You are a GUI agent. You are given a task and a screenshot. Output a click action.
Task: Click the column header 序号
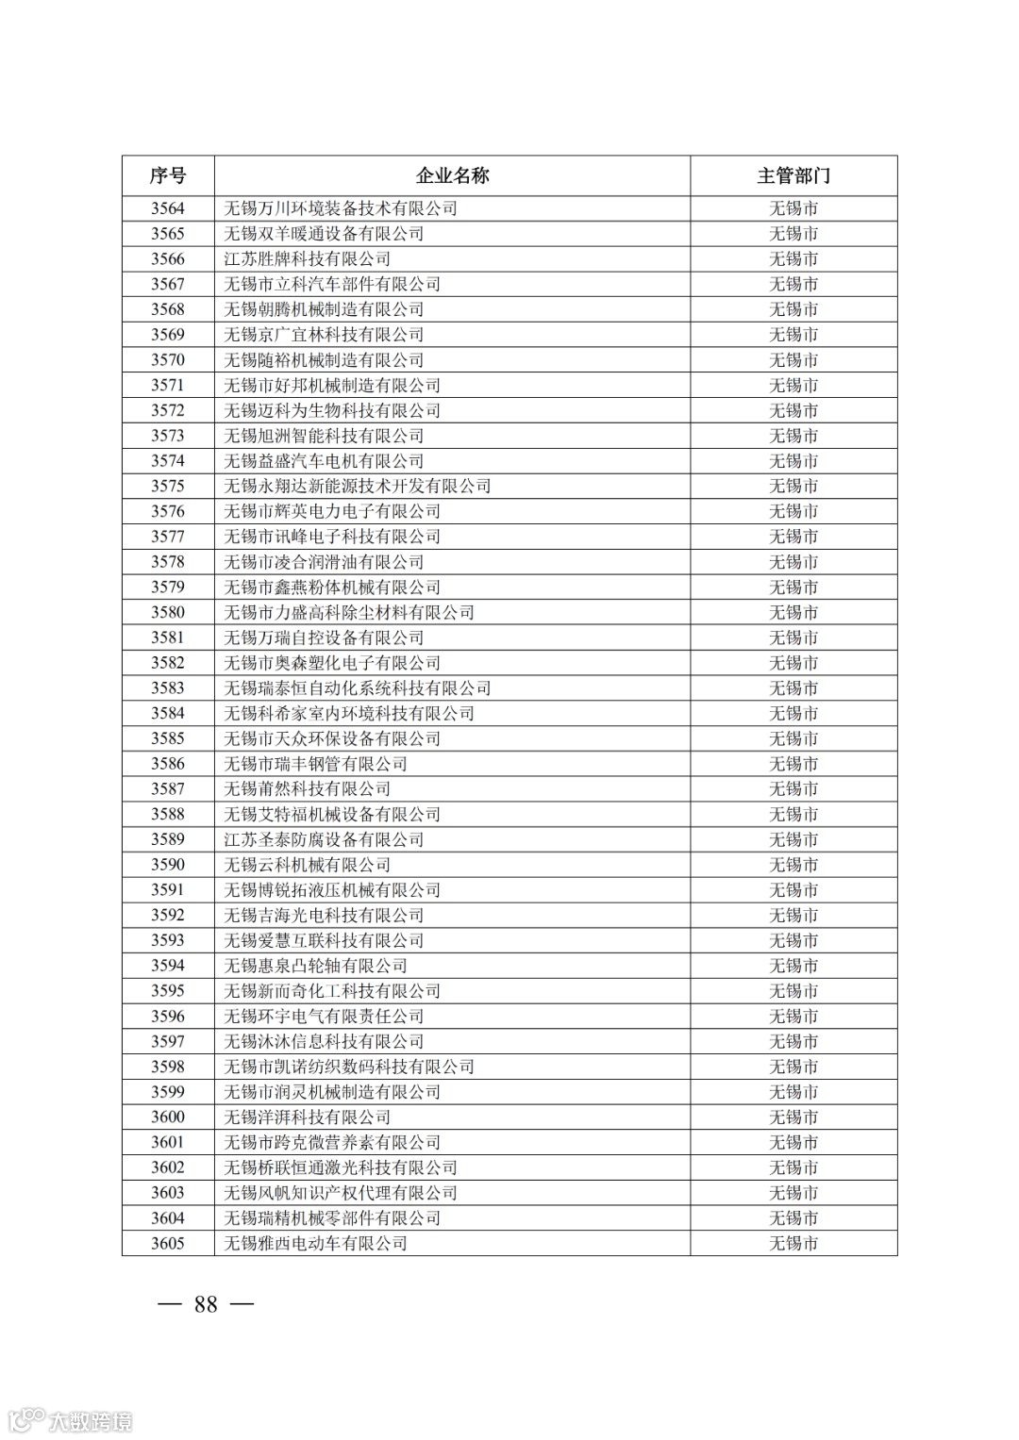[168, 176]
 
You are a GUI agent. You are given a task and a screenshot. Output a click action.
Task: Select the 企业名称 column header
[452, 176]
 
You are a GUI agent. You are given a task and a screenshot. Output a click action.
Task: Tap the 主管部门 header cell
[793, 176]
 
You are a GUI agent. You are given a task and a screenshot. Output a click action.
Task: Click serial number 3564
[168, 208]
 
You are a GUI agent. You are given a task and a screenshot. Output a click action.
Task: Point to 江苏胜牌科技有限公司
[307, 259]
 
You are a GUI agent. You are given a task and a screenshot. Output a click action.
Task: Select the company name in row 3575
[358, 487]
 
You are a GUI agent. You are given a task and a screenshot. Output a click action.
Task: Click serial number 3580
[168, 613]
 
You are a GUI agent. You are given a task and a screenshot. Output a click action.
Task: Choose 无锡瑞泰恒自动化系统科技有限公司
[358, 688]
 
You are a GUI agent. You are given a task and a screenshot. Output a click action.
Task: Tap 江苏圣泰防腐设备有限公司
[324, 840]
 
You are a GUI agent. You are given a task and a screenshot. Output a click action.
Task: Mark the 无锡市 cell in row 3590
[793, 865]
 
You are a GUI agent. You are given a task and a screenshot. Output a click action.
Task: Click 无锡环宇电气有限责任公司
[324, 1017]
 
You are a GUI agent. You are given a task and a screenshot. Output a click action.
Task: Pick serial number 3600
[168, 1117]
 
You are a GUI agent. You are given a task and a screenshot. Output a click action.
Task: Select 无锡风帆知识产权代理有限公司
[341, 1193]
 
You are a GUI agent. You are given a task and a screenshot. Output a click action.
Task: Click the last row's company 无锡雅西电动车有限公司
[315, 1244]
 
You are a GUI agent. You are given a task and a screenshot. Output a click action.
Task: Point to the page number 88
[206, 1304]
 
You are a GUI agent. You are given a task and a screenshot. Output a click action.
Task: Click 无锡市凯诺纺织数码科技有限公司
[349, 1067]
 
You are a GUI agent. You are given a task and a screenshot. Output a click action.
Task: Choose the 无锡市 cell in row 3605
[793, 1244]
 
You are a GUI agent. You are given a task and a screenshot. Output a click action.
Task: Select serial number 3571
[168, 386]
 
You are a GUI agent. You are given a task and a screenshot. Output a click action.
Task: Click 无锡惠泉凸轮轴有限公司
[315, 966]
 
